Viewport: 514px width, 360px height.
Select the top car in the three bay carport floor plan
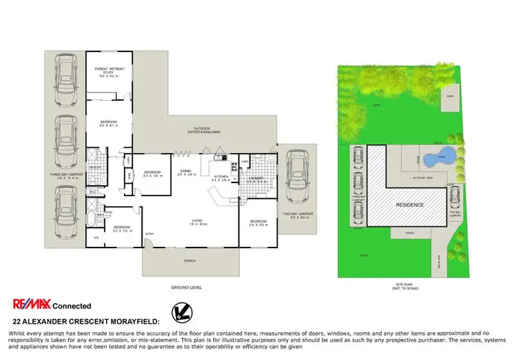pos(66,81)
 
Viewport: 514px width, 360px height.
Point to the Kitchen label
pos(220,177)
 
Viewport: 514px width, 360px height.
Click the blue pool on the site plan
pos(439,158)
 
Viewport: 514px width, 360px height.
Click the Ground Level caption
pos(188,287)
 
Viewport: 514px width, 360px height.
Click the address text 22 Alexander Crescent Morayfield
pos(86,321)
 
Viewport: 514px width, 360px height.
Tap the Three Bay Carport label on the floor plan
pos(66,176)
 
